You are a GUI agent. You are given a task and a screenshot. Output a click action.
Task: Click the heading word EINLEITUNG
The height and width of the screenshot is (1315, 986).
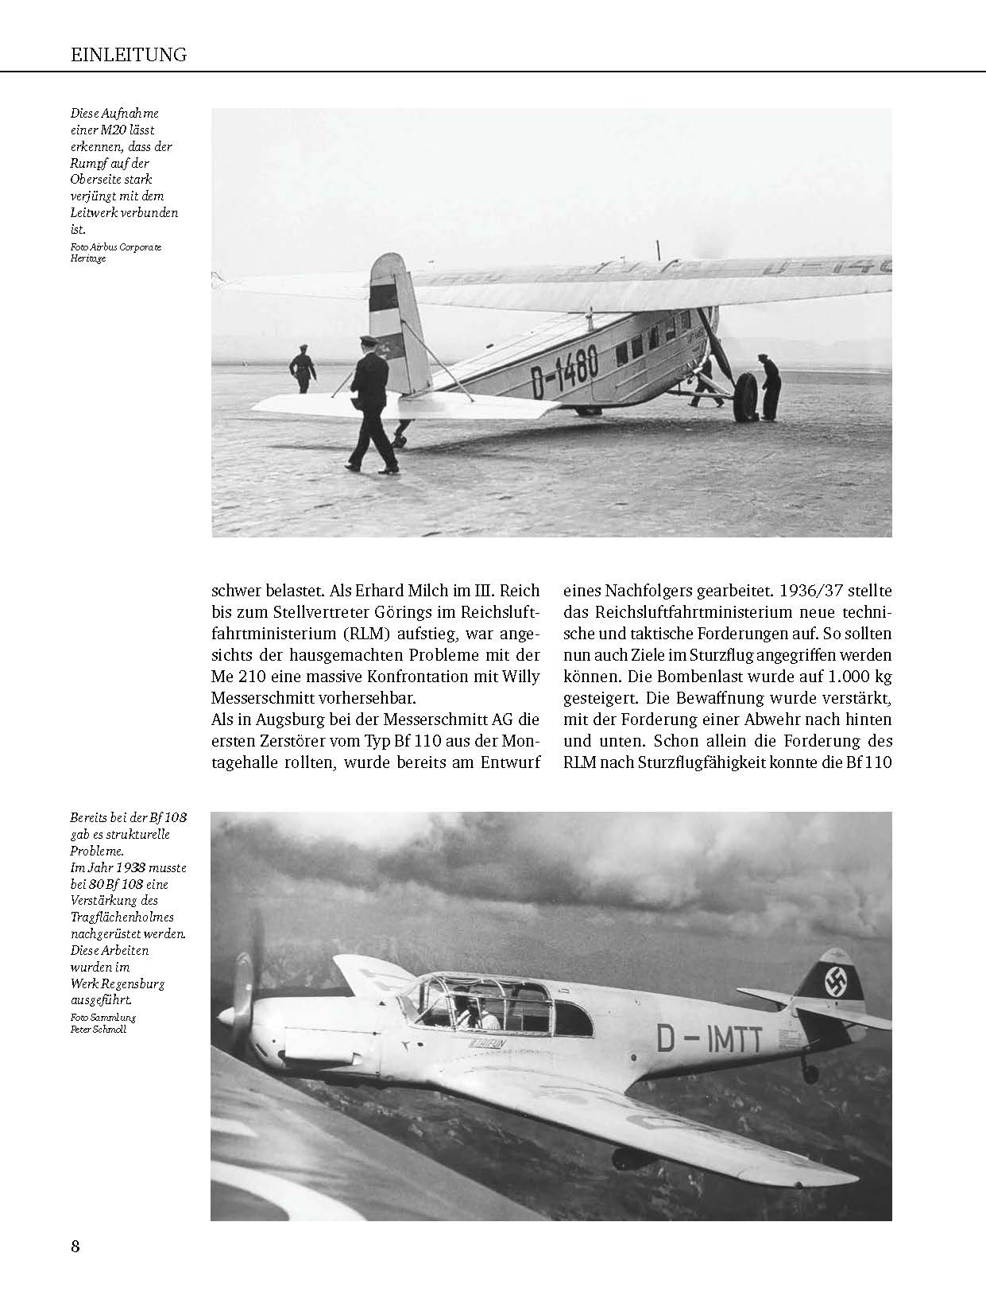[x=128, y=55]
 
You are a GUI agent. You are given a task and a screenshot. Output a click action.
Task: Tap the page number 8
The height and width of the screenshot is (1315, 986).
[x=75, y=1246]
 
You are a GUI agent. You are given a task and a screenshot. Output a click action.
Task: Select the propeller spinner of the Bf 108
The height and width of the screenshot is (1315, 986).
[x=227, y=1016]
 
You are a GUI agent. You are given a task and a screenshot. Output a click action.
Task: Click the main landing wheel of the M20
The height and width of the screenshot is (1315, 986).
[x=744, y=397]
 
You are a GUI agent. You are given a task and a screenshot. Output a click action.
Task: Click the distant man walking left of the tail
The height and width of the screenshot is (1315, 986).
[x=302, y=368]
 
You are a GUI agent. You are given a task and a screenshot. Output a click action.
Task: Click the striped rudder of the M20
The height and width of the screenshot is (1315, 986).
[x=389, y=318]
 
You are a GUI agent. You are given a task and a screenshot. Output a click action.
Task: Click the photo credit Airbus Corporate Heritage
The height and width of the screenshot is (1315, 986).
[x=115, y=253]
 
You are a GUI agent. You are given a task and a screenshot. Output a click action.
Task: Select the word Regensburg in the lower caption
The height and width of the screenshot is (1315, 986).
[x=133, y=983]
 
